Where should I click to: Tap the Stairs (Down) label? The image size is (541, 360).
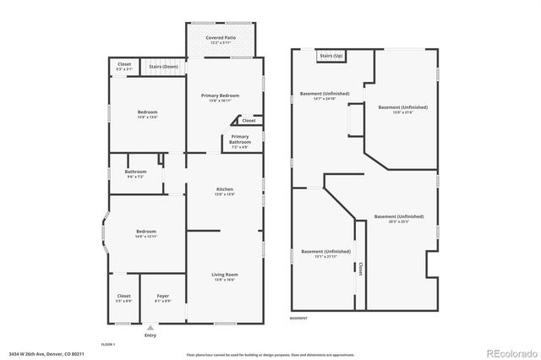coord(163,66)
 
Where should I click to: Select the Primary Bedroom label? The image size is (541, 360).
coord(220,96)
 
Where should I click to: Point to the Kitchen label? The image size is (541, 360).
coord(224,189)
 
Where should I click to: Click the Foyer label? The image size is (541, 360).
coord(163,297)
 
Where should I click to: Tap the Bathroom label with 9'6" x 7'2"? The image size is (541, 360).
coord(135,172)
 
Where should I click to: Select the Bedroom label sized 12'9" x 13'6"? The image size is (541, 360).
coord(147,112)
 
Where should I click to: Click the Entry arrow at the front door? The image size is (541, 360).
coord(150,327)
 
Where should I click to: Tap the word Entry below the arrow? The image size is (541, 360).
coord(150,335)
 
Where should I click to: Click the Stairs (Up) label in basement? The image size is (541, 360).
coord(331,56)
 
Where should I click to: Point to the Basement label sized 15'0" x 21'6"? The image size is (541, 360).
coord(402,108)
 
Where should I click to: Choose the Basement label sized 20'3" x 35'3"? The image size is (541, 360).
coord(398,217)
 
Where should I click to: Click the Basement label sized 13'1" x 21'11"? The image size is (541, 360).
coord(325,252)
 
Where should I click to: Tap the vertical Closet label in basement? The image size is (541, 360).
coord(360,269)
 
